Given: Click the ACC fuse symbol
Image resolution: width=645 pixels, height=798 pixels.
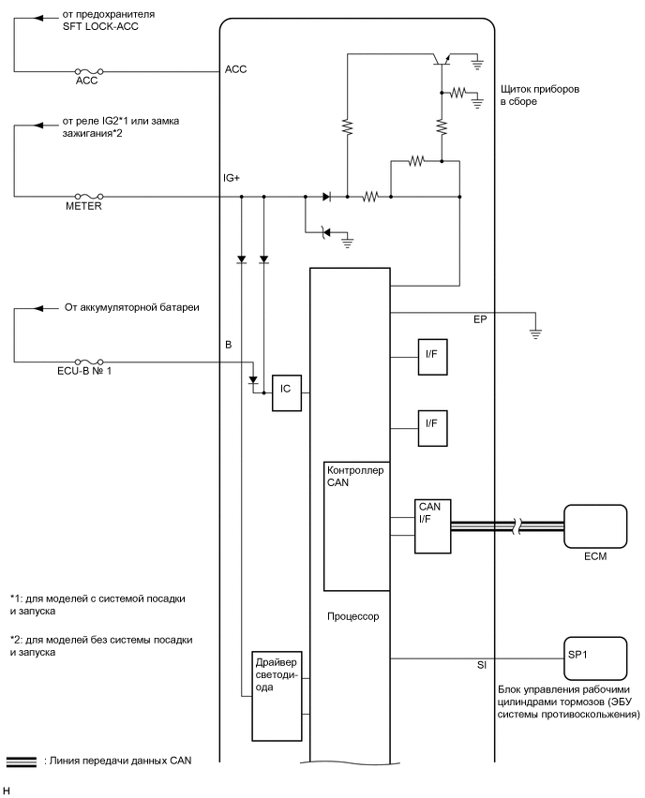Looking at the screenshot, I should pos(88,70).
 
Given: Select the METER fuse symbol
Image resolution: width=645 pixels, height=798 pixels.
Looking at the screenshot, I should pos(88,197).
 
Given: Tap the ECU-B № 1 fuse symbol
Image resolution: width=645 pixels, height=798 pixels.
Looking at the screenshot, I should pos(88,362).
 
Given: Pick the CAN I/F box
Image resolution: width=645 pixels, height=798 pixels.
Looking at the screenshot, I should pos(431,521).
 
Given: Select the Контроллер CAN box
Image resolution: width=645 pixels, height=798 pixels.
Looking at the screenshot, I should pos(355,525).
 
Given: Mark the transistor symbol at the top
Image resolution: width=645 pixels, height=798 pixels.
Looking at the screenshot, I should pos(440,59).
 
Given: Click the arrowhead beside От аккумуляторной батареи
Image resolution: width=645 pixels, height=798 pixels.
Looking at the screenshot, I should pos(39,307).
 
